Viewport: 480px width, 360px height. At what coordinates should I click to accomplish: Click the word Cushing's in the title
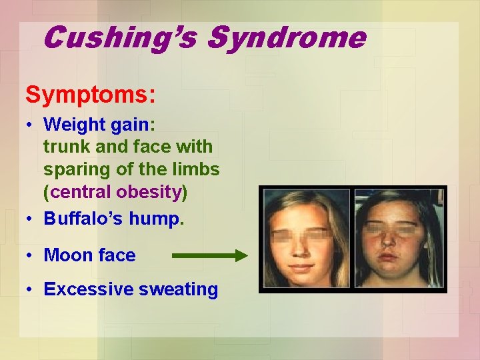point(121,37)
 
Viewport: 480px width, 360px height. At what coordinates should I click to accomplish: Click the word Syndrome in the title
point(286,37)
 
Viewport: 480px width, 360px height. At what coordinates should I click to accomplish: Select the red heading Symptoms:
point(91,95)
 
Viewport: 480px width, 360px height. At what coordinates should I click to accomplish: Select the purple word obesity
point(149,193)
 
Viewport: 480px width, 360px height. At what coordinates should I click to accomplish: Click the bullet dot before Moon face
point(31,255)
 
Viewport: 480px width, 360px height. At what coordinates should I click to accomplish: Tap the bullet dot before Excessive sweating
point(31,290)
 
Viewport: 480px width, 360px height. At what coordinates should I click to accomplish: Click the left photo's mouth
point(303,265)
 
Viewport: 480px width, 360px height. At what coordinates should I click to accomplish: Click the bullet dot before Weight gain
point(31,125)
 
